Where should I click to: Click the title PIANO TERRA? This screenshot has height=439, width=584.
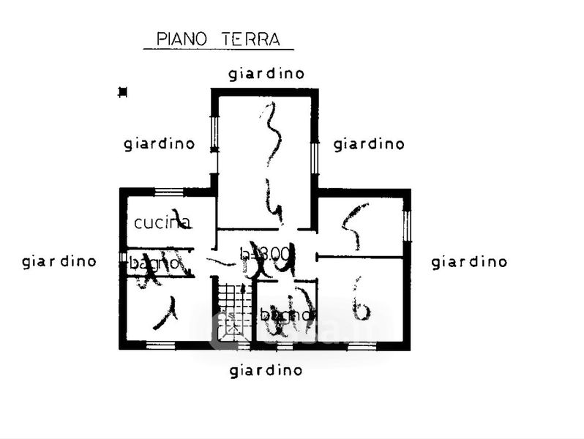218,38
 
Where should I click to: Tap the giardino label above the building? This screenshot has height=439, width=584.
266,73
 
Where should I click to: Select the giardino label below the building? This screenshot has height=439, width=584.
266,370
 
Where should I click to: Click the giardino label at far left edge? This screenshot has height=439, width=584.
59,260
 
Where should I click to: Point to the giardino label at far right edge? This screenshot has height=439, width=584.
469,262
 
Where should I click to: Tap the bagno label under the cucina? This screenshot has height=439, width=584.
154,262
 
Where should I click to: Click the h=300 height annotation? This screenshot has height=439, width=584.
266,253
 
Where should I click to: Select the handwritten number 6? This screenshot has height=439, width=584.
360,300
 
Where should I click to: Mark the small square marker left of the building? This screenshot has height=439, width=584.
122,92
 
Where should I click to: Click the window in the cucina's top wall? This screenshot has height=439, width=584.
169,192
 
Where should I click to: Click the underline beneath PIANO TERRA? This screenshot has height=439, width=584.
218,49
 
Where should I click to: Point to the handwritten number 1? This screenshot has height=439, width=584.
169,312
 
